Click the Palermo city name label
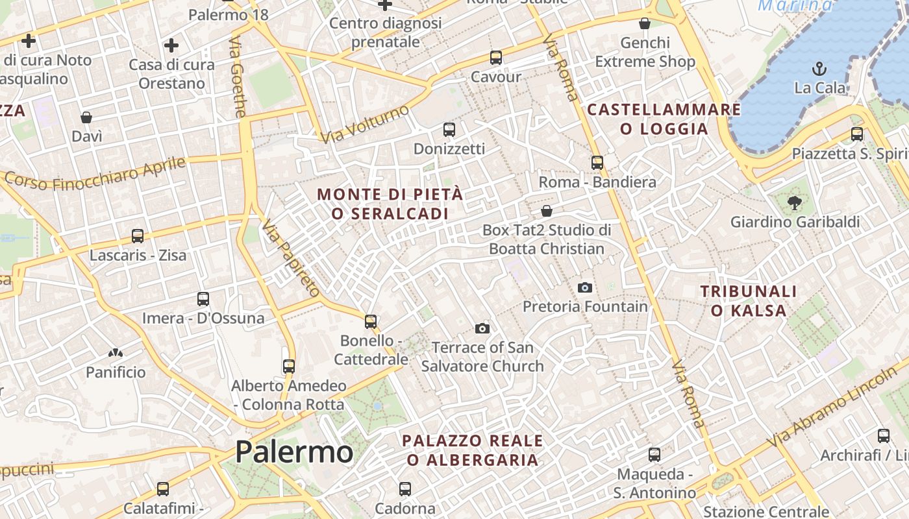click(294, 452)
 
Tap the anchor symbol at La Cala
click(819, 68)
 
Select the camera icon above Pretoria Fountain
click(584, 287)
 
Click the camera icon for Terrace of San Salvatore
click(482, 328)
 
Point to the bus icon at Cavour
click(496, 57)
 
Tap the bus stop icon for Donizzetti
click(449, 129)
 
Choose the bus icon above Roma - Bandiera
click(597, 163)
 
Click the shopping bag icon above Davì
click(86, 117)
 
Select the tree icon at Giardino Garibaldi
click(794, 203)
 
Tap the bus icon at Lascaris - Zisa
click(137, 235)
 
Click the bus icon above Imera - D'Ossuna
click(203, 299)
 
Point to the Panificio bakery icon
click(116, 354)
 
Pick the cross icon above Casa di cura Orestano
click(171, 45)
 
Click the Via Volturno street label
click(365, 123)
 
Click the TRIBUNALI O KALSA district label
click(749, 301)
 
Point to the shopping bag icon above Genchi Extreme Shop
click(644, 24)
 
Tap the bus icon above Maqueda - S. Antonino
click(654, 454)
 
